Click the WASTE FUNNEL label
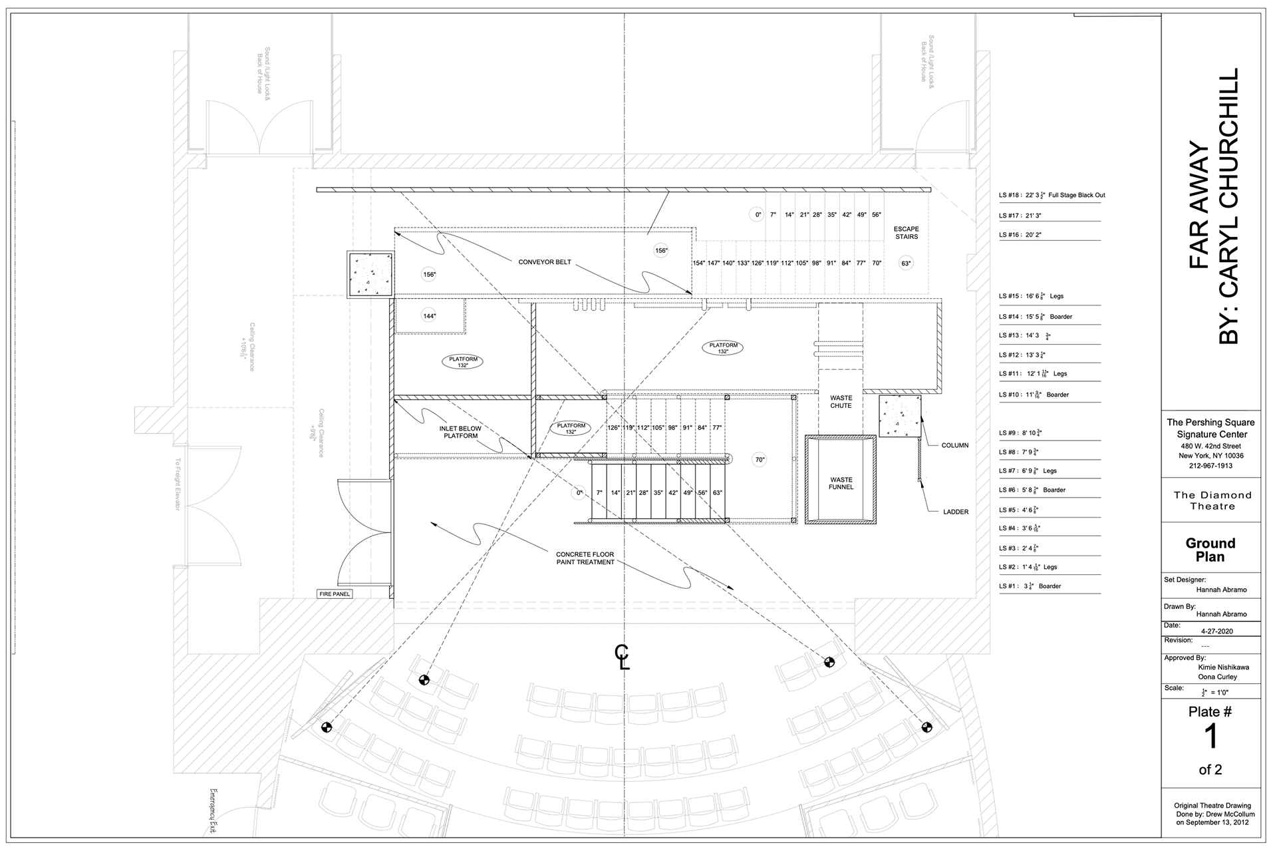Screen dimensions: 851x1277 [841, 483]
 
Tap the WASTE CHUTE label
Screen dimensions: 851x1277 [841, 402]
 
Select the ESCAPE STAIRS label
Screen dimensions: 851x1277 [906, 233]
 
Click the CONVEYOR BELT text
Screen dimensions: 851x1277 [545, 262]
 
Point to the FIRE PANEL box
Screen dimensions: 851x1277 [334, 594]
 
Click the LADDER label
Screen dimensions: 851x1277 [955, 512]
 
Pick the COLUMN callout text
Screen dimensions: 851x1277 [954, 445]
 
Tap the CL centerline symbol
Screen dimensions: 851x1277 [622, 657]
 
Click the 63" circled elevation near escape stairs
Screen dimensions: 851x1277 [906, 263]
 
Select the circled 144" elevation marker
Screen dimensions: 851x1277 [429, 316]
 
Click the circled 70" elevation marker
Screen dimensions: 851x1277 [760, 460]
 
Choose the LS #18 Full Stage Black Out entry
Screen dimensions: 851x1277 [1052, 196]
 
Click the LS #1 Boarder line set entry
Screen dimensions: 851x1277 [1030, 586]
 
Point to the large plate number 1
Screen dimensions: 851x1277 [1210, 737]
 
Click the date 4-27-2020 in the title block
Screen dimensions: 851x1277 [1216, 631]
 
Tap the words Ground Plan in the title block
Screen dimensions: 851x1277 [1210, 550]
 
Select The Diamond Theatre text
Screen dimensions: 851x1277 [1212, 500]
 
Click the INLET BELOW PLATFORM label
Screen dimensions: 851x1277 [460, 432]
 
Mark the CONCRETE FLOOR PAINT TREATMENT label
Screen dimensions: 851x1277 [585, 558]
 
